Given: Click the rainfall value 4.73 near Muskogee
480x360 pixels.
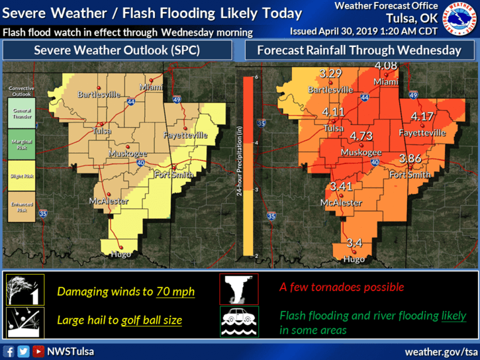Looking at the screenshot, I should click(361, 136).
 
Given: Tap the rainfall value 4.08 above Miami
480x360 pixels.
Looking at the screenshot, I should click(386, 66).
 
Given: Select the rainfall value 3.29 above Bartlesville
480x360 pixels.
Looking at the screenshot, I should click(330, 73).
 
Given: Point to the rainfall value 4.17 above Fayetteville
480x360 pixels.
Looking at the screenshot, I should click(422, 116).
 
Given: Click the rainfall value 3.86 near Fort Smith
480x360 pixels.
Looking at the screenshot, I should click(411, 158).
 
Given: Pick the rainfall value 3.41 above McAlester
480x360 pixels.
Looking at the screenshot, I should click(342, 187).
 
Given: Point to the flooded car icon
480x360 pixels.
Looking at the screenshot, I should click(239, 321).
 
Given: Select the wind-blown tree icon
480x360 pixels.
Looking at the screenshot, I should click(24, 290).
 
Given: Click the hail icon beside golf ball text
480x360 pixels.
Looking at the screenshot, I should click(24, 322).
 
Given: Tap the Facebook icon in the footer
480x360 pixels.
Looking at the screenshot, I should click(9, 351).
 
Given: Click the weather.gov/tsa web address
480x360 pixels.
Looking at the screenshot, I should click(440, 351).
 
